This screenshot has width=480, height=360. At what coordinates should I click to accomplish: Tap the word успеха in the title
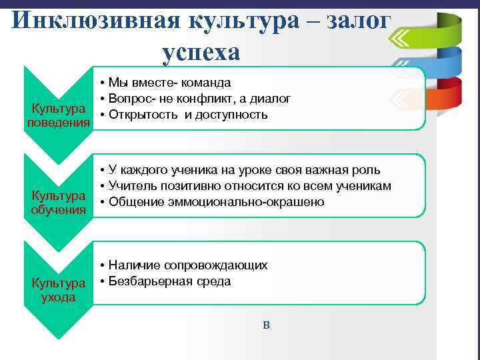(200, 51)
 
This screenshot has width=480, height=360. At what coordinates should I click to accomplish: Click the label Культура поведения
(58, 115)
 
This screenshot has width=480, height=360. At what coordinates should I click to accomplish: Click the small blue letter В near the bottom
(266, 325)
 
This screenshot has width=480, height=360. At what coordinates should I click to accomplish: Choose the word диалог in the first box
(273, 99)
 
